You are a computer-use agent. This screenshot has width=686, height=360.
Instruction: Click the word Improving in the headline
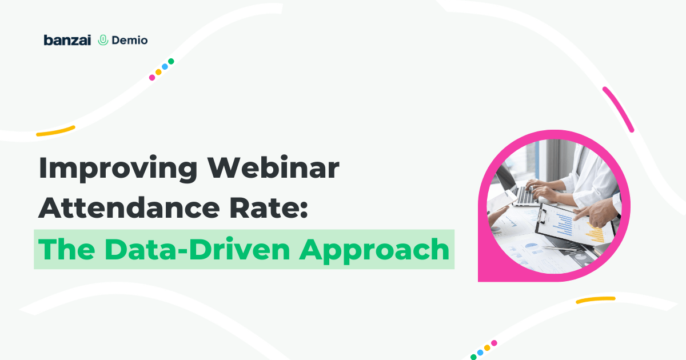point(118,169)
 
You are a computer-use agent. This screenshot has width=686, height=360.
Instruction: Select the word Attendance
point(129,207)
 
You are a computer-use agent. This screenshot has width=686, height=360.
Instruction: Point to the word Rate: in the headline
point(269,207)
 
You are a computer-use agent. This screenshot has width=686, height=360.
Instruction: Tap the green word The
point(66,249)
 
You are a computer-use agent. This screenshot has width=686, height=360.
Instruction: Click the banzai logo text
point(67,40)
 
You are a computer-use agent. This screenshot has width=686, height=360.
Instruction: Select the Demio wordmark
point(130,40)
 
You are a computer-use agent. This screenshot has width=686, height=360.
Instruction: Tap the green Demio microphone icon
point(103,40)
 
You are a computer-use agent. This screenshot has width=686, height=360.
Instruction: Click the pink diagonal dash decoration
point(618,110)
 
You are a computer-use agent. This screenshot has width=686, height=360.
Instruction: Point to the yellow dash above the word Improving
point(56,131)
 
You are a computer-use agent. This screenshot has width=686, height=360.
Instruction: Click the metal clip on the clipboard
point(541,216)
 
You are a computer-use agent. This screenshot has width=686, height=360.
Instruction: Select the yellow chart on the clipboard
point(595,233)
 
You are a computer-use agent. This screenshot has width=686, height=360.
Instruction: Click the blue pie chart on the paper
point(531,246)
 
